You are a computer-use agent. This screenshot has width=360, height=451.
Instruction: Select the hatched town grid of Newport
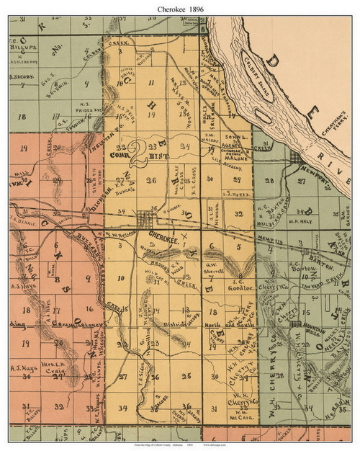(295, 158)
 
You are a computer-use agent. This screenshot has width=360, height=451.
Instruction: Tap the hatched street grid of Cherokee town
(150, 219)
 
